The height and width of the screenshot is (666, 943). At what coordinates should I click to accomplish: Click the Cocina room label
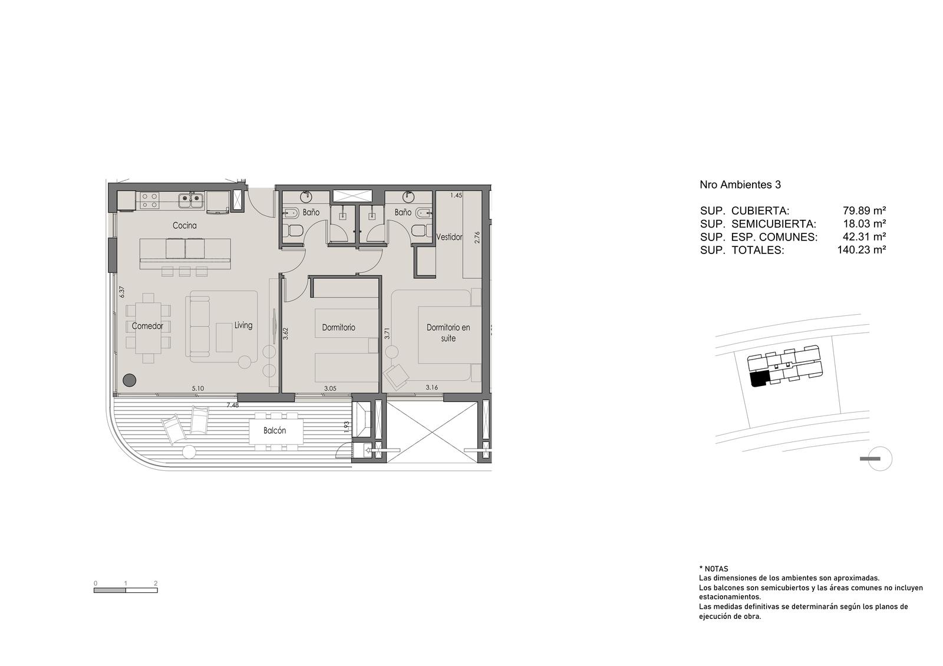[x=184, y=226]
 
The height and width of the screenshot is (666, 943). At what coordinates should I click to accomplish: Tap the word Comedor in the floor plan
[x=147, y=327]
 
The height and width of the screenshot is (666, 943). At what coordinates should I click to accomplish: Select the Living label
[x=243, y=325]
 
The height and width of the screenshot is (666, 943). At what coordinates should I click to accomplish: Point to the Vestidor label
[x=449, y=237]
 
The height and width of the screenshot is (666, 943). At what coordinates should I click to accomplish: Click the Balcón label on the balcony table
[x=275, y=431]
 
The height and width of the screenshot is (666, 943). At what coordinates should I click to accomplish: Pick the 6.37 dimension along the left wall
[x=122, y=292]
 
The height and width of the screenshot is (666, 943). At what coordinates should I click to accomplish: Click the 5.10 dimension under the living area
[x=198, y=388]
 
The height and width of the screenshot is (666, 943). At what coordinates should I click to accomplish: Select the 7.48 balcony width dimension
[x=232, y=405]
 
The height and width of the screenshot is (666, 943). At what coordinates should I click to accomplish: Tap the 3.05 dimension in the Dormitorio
[x=330, y=388]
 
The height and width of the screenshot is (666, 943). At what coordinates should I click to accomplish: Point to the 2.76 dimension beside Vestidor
[x=477, y=238]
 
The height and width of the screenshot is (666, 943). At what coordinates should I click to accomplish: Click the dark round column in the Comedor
[x=129, y=380]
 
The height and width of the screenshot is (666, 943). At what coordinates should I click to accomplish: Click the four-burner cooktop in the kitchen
[x=150, y=200]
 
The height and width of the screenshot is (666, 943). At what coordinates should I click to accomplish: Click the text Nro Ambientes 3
[x=740, y=185]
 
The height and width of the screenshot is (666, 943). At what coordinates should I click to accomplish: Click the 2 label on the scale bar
[x=156, y=583]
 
